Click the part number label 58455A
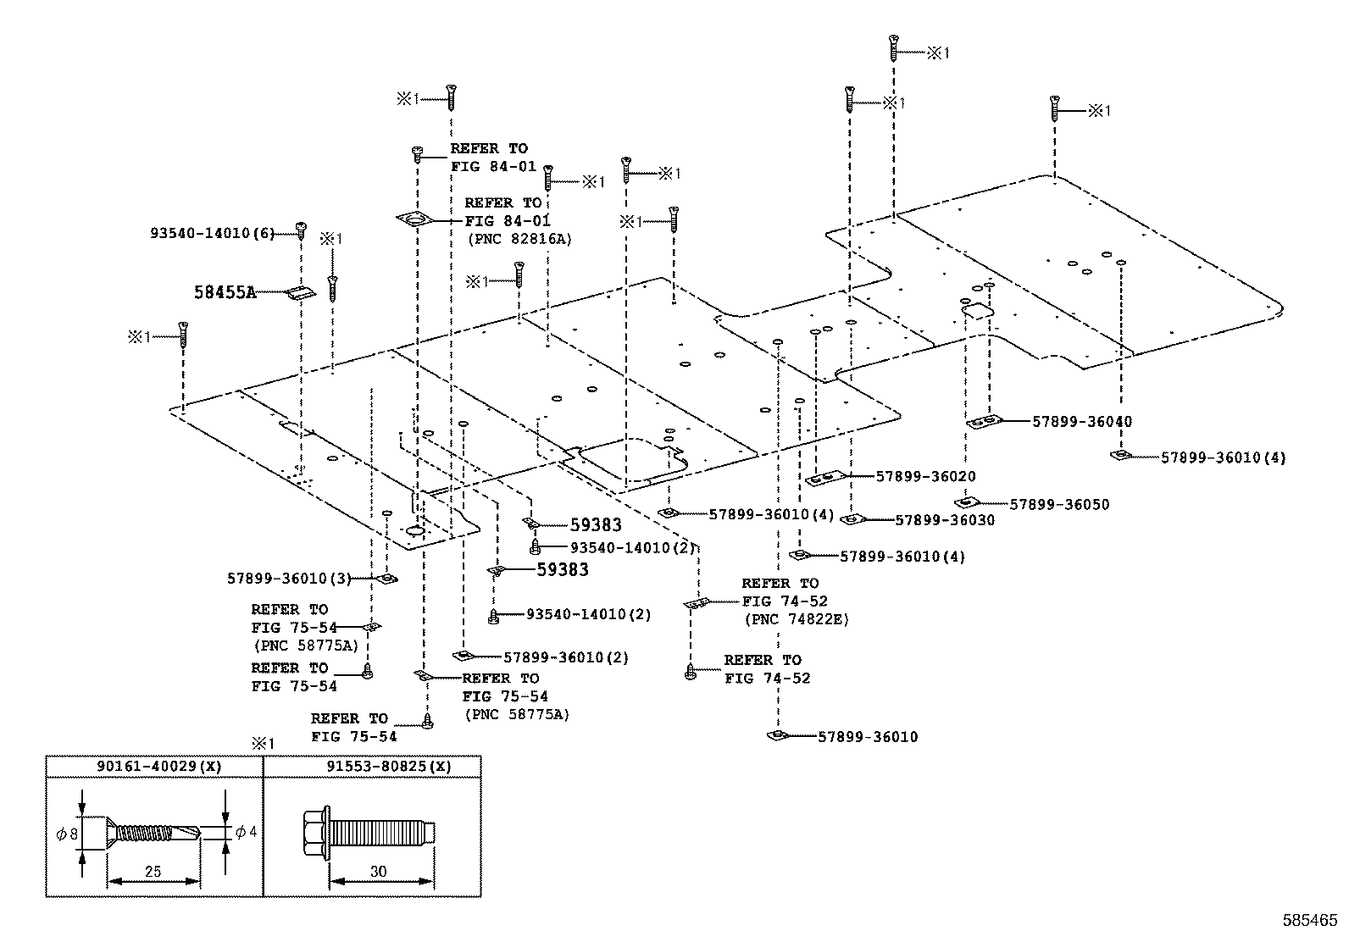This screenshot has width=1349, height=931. click(225, 292)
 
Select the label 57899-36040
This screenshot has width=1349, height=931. click(1082, 421)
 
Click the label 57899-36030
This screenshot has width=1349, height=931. click(945, 519)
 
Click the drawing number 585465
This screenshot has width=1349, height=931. click(1310, 919)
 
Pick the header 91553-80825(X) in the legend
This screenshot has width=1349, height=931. click(389, 766)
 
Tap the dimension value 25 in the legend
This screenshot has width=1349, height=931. click(153, 872)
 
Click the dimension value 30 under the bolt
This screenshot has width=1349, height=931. click(379, 872)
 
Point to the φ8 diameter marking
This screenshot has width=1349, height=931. click(67, 834)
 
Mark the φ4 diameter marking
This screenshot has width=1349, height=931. click(245, 832)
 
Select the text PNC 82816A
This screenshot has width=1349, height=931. click(519, 239)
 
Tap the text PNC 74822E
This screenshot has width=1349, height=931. click(796, 619)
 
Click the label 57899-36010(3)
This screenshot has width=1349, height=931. click(289, 579)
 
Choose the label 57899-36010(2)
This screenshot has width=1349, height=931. click(566, 657)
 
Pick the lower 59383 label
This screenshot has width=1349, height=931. click(563, 570)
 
